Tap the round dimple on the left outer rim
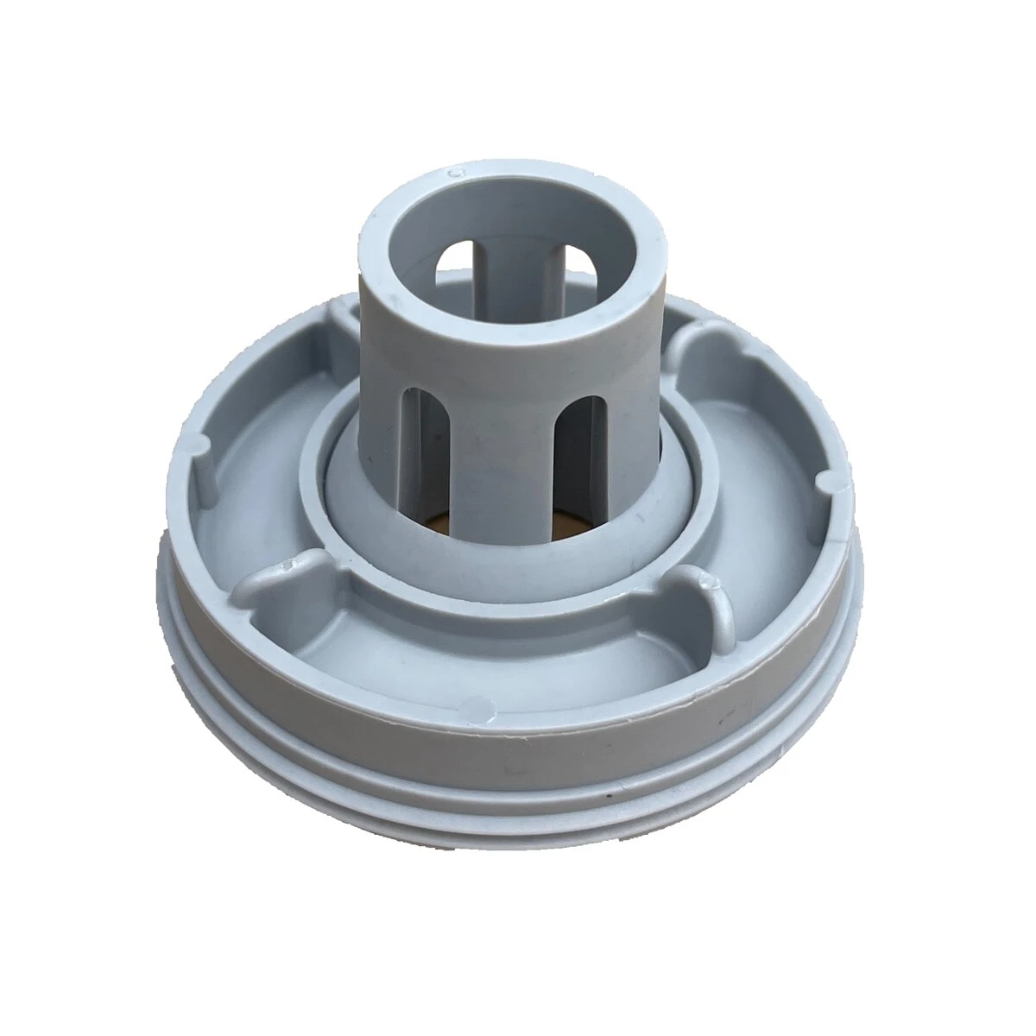(196, 441)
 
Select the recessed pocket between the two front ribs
(483, 639)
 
